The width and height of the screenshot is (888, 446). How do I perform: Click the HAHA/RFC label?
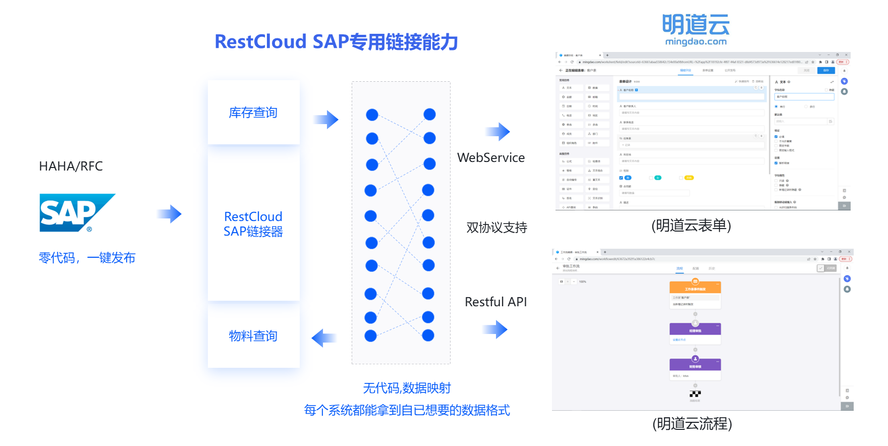point(71,166)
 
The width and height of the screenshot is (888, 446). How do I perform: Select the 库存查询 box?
point(253,113)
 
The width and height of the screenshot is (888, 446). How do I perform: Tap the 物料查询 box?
point(253,336)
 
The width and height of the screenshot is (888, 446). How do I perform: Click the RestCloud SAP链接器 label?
point(253,224)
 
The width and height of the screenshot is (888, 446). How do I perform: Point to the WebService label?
point(491,158)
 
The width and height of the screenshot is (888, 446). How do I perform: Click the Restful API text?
point(495,302)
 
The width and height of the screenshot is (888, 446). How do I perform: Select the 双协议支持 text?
point(496,228)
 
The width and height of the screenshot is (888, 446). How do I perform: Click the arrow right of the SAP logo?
point(170,214)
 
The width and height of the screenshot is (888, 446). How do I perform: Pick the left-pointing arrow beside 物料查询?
point(323,338)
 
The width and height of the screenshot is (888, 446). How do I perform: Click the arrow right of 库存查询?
point(326,120)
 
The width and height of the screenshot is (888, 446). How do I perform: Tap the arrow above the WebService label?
point(498,132)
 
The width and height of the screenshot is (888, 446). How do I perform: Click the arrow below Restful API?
point(495,329)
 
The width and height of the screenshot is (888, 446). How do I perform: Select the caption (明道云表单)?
point(691,225)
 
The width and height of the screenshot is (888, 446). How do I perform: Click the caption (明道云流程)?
point(692,423)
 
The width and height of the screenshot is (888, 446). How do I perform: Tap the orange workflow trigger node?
point(695,288)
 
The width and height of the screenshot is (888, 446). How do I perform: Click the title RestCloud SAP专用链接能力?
point(336,42)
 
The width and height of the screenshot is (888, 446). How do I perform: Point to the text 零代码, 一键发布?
point(87,258)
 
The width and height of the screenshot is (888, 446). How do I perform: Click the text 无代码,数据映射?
point(407,388)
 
